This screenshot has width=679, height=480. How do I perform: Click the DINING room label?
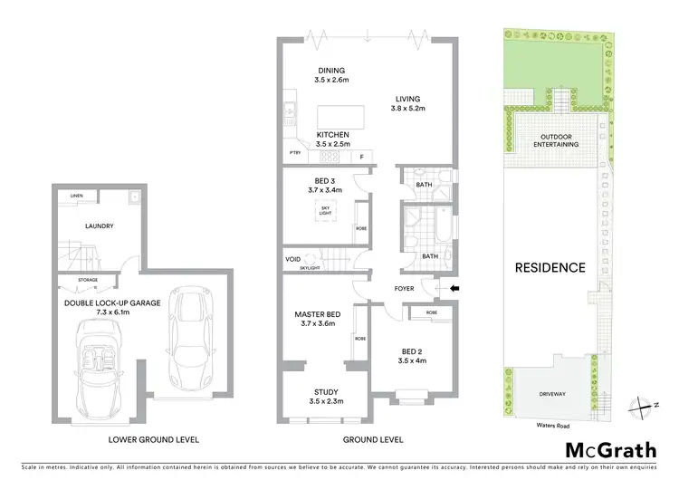click(330, 71)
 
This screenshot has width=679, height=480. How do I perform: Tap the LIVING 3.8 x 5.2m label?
click(409, 103)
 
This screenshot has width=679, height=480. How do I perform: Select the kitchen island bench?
click(339, 118)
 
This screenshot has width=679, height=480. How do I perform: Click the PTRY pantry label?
click(294, 154)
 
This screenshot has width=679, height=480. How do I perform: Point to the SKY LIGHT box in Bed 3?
click(326, 210)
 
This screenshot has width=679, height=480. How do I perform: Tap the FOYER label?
click(405, 290)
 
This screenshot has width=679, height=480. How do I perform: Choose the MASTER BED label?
click(316, 315)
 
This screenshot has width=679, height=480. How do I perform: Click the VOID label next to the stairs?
click(292, 260)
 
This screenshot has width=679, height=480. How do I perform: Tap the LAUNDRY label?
click(99, 226)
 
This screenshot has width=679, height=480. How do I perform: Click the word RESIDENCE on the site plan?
click(550, 267)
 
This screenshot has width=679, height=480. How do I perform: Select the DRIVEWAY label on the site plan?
click(552, 394)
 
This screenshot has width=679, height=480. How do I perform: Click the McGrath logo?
click(609, 450)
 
